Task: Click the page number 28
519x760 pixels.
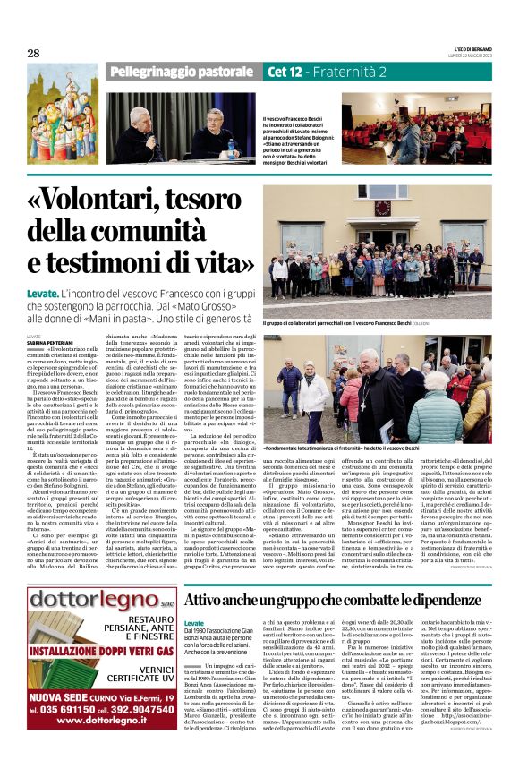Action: point(33,53)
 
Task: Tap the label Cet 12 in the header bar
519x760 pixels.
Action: point(287,72)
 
